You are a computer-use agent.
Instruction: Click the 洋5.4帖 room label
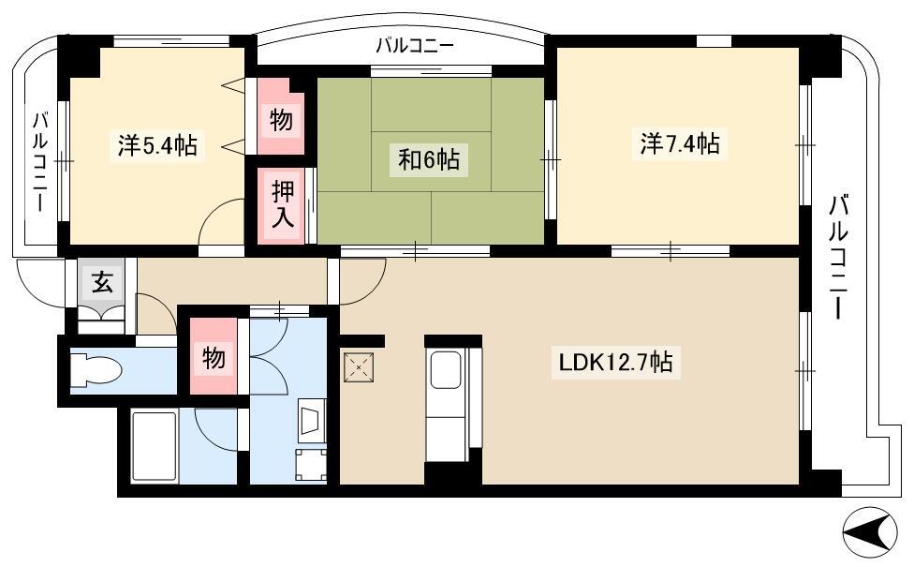coord(156,145)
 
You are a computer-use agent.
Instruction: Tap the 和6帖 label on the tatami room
coord(429,158)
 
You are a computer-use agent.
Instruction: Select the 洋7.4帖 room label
coord(680,143)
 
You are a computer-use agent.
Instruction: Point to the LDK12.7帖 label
coord(615,363)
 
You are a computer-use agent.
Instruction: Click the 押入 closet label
coord(283,204)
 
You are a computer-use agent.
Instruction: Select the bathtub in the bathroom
coord(154,447)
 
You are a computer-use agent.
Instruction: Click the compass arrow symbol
coord(869,531)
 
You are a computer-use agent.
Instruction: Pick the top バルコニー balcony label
coord(415,46)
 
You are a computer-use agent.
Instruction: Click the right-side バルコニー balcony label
coord(838,257)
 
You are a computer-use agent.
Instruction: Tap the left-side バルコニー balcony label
coord(39,161)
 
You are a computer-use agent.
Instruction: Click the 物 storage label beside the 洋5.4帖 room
coord(281,121)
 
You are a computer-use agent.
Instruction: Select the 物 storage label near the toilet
coord(214,357)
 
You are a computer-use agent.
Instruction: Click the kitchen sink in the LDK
coord(446,370)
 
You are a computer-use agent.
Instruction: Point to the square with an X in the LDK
coord(359,367)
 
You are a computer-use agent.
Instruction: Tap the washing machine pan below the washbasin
coord(311,465)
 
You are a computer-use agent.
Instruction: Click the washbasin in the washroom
coord(311,420)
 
